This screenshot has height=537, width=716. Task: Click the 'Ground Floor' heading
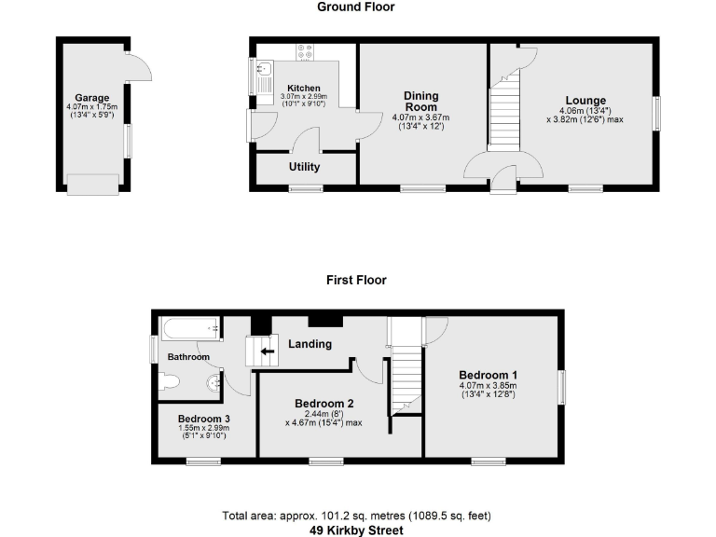coord(355,7)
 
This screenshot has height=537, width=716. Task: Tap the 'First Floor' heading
coord(356,280)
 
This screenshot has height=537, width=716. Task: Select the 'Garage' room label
coord(92,98)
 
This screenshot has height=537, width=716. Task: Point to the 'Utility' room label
coord(304,168)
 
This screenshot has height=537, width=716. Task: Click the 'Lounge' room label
coord(585,101)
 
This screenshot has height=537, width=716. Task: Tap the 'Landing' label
coord(310,344)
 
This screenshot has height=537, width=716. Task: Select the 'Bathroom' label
coord(188,357)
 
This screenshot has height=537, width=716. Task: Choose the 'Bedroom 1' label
coord(488,374)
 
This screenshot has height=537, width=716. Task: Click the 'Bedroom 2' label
coord(324,404)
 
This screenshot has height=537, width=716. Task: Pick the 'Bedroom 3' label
coord(203,419)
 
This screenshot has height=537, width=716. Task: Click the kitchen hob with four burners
coord(306,52)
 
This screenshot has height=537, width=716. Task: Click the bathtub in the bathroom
coord(190,329)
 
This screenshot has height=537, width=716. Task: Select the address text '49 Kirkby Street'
coord(357,530)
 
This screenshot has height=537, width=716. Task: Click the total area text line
coord(357,516)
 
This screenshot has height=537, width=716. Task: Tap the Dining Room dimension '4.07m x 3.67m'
coord(420,117)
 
